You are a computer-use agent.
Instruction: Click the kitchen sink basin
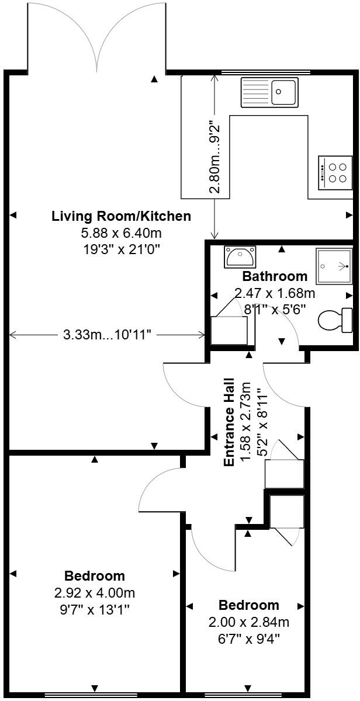coord(283,92)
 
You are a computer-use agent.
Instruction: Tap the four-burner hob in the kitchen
coord(335,172)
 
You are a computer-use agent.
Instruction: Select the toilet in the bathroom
coord(335,320)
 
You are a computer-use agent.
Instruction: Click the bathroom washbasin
coord(240,256)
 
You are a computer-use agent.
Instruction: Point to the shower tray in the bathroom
coord(334,266)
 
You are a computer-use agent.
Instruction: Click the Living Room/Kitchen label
coord(121,216)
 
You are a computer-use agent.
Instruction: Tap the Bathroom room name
coord(275,276)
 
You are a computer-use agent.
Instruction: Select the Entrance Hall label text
coord(229,422)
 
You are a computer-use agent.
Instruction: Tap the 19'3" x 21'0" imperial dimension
coord(122,250)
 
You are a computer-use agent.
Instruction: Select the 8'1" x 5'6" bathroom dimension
coord(275,310)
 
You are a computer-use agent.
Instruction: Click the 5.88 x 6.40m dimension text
coord(122,233)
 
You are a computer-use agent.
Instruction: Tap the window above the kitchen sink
coord(266,72)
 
